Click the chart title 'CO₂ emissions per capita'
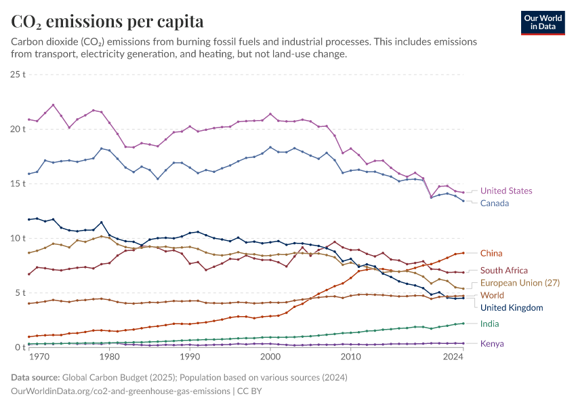(107, 22)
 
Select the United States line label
(506, 191)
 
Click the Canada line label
(495, 203)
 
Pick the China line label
(491, 254)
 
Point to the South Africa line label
(504, 271)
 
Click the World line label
(492, 296)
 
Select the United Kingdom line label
(512, 308)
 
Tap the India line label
(489, 324)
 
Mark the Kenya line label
(492, 344)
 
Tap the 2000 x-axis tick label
(270, 356)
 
